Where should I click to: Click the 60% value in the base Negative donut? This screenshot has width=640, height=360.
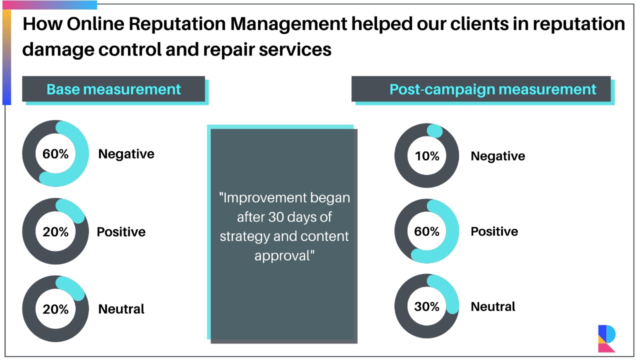[x=55, y=154]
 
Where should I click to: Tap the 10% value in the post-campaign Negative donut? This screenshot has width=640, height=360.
[x=427, y=156]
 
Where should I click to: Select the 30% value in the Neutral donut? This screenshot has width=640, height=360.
[x=427, y=306]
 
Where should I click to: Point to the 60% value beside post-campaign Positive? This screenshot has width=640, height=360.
[x=427, y=231]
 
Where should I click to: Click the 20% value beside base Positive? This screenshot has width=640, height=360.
[x=55, y=231]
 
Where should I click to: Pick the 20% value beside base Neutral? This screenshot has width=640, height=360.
[x=55, y=309]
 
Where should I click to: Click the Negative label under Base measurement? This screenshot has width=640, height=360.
[x=126, y=154]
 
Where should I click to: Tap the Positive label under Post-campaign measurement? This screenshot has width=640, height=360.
[x=494, y=231]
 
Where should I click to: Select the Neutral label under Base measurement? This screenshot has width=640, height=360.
[x=121, y=309]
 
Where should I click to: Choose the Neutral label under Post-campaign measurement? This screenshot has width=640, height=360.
[x=493, y=306]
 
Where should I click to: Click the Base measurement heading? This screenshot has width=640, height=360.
[x=113, y=89]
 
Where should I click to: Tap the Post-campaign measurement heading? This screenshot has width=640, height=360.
[x=493, y=89]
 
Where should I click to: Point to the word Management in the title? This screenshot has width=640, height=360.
[x=288, y=24]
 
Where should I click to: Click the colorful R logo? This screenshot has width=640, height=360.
[x=606, y=338]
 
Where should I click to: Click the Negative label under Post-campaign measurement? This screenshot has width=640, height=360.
[x=497, y=156]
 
